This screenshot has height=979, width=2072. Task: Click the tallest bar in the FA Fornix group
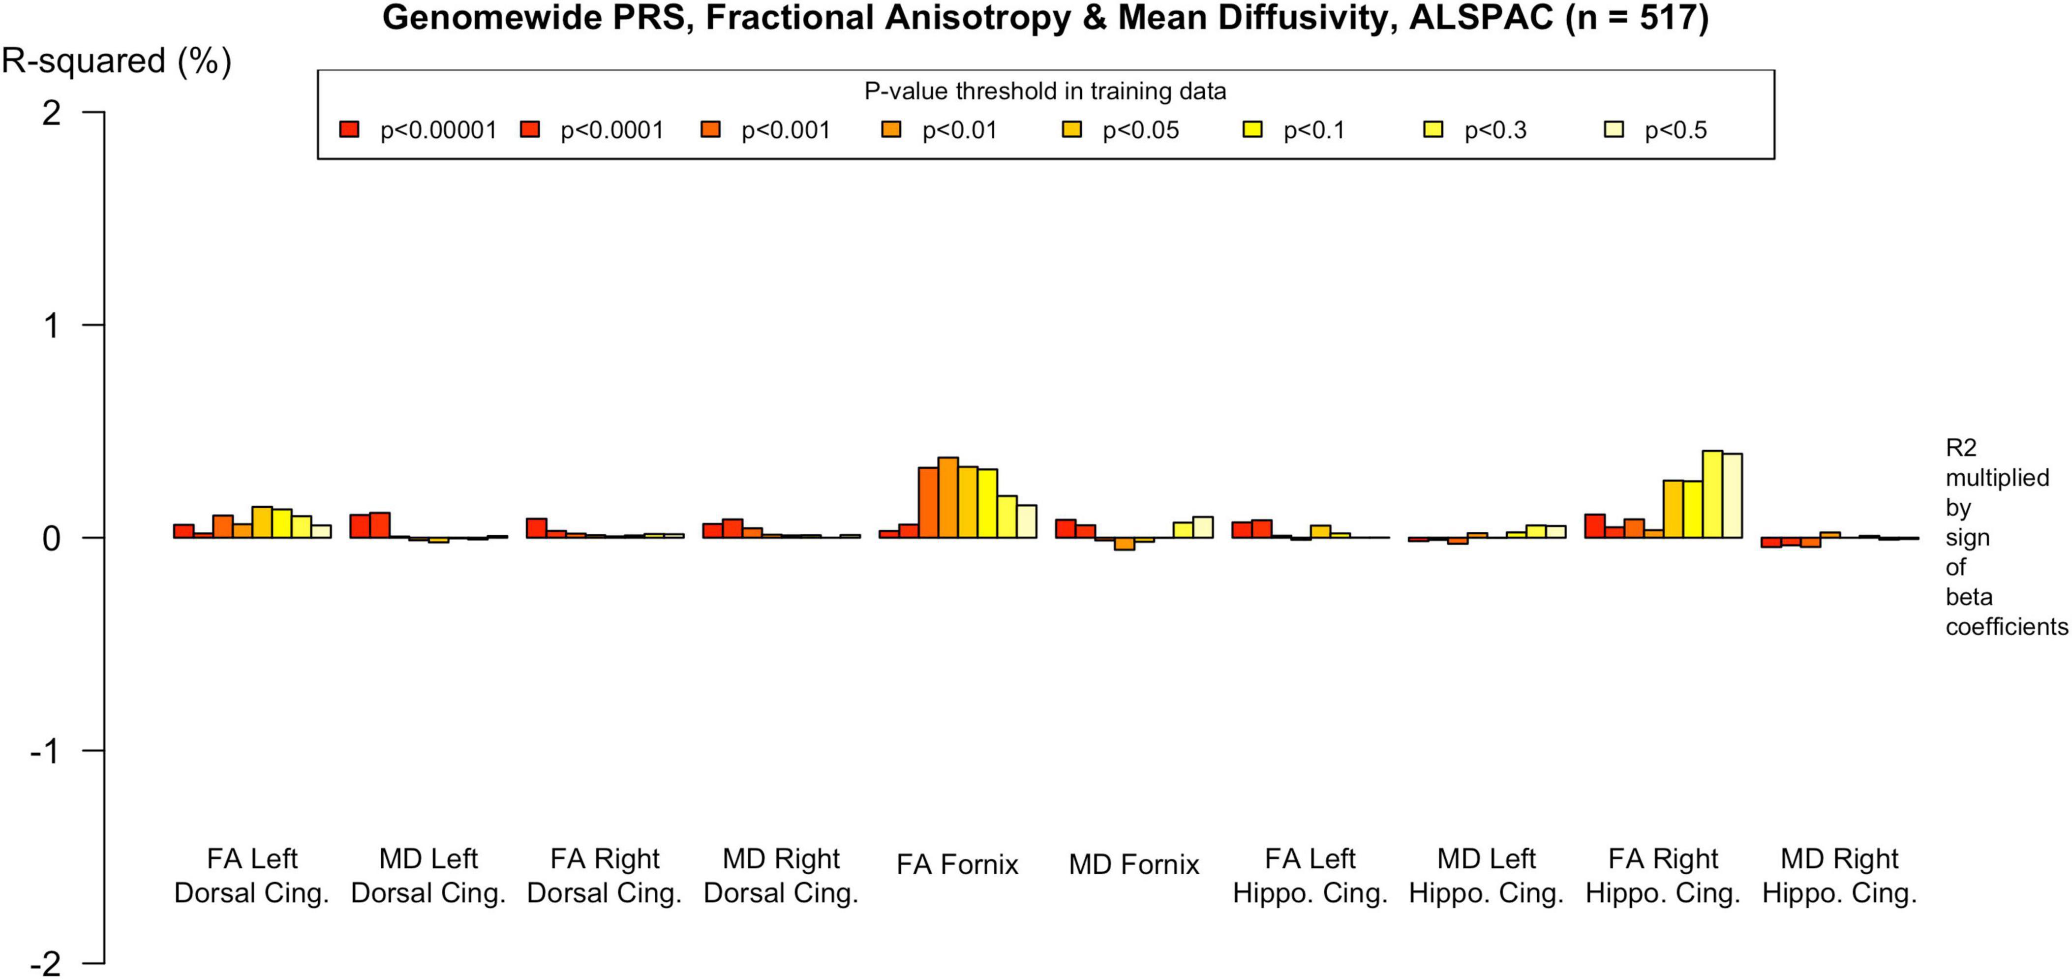pyautogui.click(x=948, y=498)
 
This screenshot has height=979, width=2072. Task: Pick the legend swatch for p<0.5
pyautogui.click(x=1614, y=129)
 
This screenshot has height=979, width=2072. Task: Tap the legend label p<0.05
pyautogui.click(x=1141, y=130)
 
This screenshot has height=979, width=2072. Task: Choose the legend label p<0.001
pyautogui.click(x=785, y=130)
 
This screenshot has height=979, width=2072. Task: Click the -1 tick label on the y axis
pyautogui.click(x=45, y=751)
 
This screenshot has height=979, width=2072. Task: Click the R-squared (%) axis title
pyautogui.click(x=117, y=61)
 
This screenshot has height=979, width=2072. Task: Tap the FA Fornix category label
pyautogui.click(x=957, y=865)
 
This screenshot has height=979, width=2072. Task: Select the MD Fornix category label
pyautogui.click(x=1133, y=865)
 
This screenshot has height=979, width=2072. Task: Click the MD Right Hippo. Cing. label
pyautogui.click(x=1839, y=876)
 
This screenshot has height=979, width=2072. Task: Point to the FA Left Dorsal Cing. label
pyautogui.click(x=252, y=876)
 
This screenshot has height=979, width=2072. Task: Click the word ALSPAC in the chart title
pyautogui.click(x=1480, y=18)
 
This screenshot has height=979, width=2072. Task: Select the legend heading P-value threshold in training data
pyautogui.click(x=1045, y=92)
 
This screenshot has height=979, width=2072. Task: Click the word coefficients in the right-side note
pyautogui.click(x=2006, y=627)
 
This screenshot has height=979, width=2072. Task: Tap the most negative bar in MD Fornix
pyautogui.click(x=1125, y=544)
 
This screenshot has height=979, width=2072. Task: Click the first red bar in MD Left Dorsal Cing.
pyautogui.click(x=360, y=526)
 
